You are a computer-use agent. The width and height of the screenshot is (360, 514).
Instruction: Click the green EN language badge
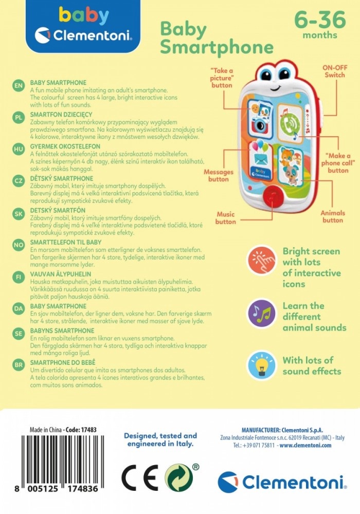tap(19, 85)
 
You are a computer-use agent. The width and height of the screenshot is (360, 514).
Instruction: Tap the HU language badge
tap(19, 149)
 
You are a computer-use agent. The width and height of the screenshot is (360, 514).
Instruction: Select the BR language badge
tap(19, 365)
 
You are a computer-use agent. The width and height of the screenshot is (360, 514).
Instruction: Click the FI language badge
tap(19, 277)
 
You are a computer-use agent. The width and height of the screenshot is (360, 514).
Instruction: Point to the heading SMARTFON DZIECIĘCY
tap(61, 115)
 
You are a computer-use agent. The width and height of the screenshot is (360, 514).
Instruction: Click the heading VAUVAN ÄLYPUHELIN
tap(61, 274)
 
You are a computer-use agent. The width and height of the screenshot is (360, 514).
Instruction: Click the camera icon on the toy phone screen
tap(260, 119)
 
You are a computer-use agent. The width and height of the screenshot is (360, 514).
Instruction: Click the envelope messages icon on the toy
tap(261, 160)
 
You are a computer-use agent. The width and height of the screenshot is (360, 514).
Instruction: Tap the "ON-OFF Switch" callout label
tap(335, 71)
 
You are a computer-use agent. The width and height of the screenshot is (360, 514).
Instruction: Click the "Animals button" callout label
tap(333, 216)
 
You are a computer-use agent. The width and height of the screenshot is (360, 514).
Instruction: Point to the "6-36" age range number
tap(320, 20)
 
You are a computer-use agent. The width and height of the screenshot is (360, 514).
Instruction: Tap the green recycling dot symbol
tap(178, 478)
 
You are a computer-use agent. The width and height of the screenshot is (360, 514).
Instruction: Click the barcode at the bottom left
tap(62, 459)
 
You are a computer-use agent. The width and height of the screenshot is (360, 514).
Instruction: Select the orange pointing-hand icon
tap(261, 260)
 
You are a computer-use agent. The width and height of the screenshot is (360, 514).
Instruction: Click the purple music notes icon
tap(261, 314)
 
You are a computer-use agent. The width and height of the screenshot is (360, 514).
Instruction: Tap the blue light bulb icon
tap(261, 365)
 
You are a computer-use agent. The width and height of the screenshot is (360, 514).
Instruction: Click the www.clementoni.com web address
tap(305, 445)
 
